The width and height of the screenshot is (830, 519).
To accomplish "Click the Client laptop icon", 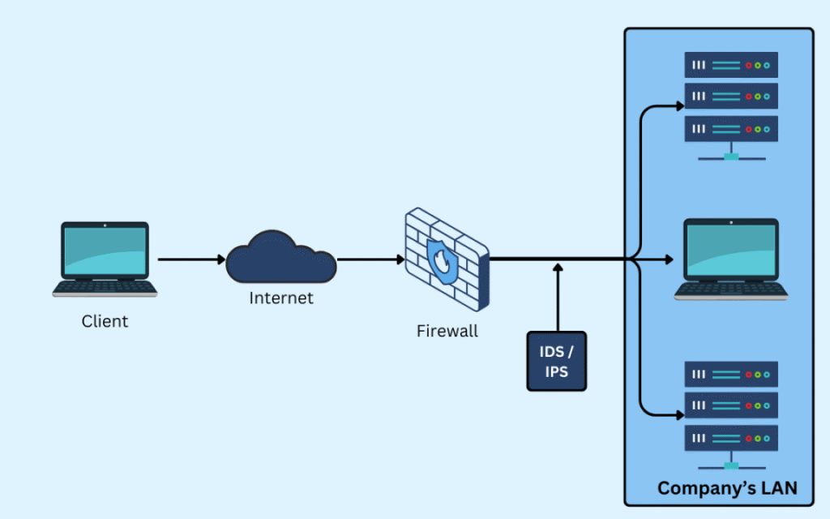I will [x=105, y=259].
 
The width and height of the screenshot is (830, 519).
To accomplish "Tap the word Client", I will [x=105, y=321].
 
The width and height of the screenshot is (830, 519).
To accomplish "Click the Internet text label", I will [x=280, y=298].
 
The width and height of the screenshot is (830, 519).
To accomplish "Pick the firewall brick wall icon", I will [x=447, y=258].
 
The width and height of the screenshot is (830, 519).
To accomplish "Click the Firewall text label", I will [x=447, y=331].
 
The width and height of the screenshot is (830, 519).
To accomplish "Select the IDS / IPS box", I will [x=556, y=361].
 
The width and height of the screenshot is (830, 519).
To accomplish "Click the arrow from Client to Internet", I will [x=191, y=259].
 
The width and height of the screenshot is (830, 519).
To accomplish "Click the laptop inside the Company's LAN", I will [x=730, y=259].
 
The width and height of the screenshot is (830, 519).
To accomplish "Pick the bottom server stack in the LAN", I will [x=730, y=414].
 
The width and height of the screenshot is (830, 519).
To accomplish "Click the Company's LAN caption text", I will [x=727, y=487].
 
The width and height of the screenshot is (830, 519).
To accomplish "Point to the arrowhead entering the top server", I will [x=678, y=105].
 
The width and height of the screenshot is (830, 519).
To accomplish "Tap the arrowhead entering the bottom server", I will [x=678, y=414].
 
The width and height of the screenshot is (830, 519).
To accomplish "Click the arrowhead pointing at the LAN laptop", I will [x=668, y=259].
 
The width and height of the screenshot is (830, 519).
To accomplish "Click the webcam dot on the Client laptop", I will [x=105, y=225].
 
